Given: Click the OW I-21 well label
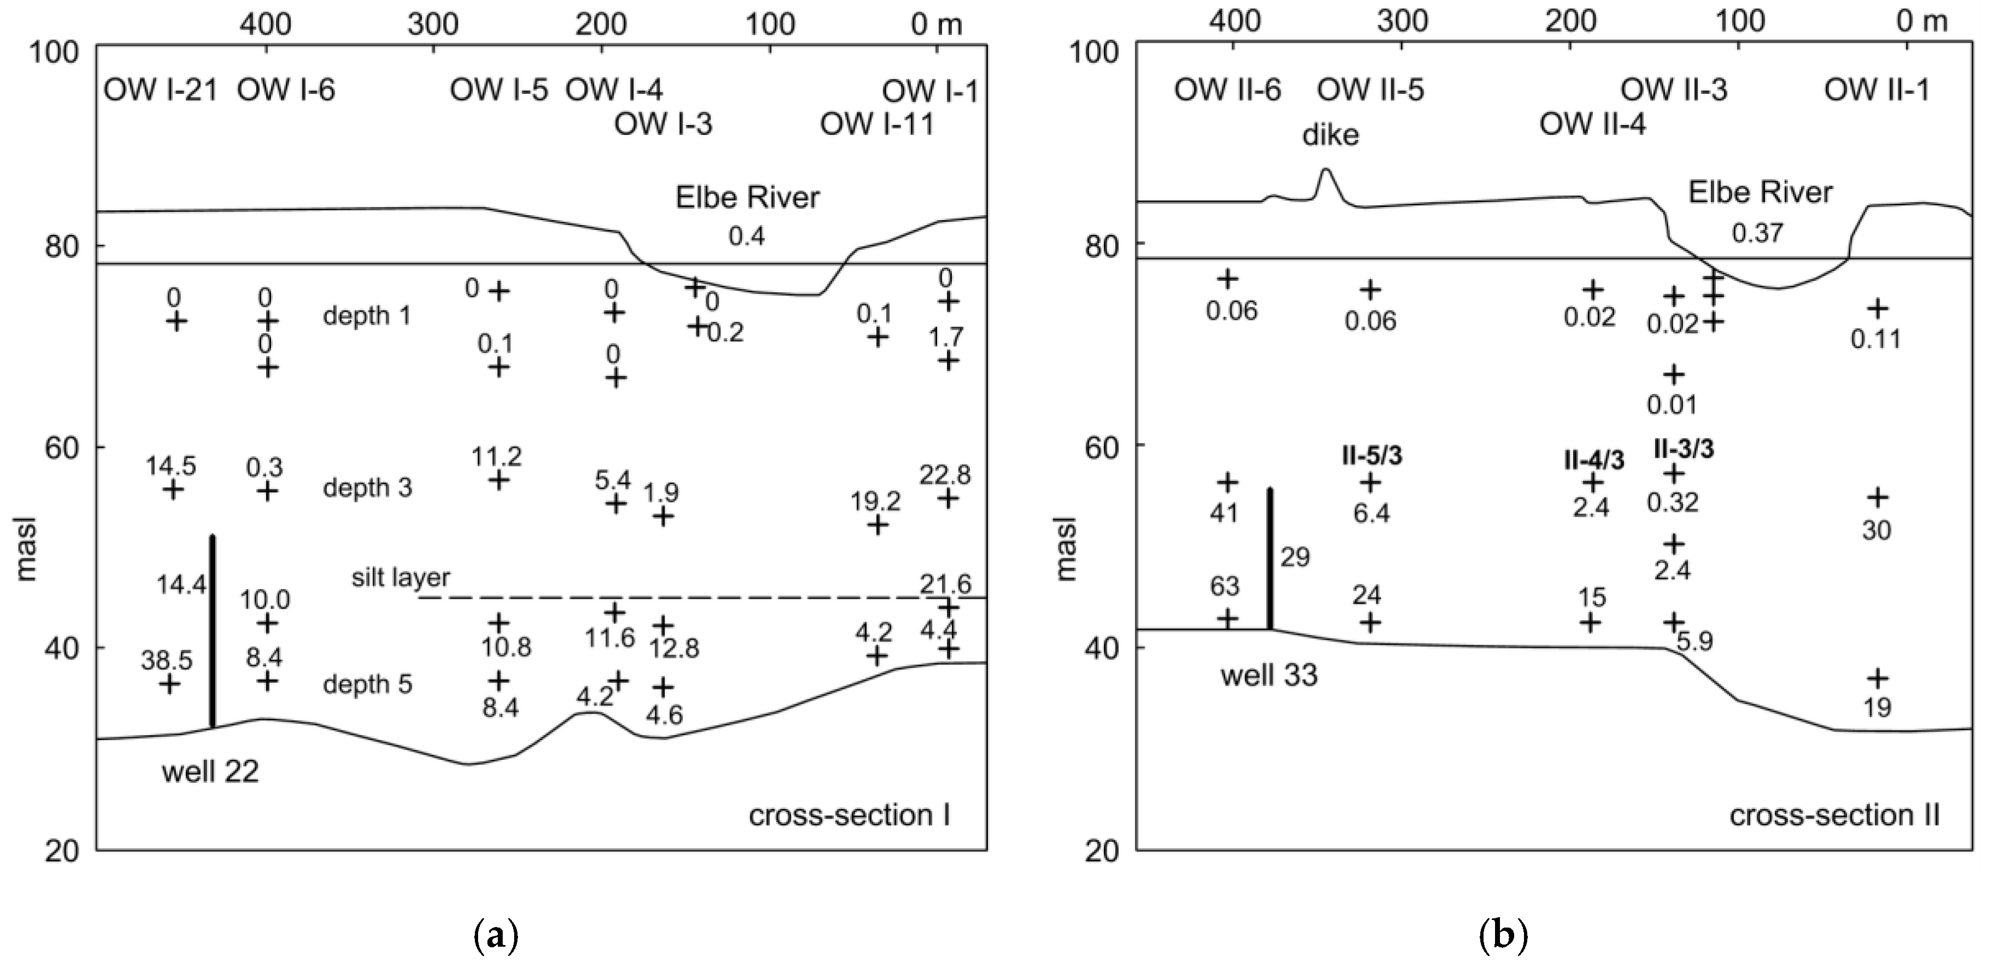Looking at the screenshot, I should tap(160, 91).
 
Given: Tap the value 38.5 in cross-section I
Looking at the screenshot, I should tap(166, 660).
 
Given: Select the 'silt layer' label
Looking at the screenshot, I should tap(400, 577).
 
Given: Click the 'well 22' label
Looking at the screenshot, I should tap(210, 771).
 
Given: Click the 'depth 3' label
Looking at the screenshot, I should tap(368, 488).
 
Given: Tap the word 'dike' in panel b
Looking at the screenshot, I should tap(1331, 135).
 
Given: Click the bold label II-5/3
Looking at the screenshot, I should tap(1372, 456).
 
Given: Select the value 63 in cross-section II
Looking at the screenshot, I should tap(1225, 587).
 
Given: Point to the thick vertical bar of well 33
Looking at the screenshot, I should tap(1269, 559).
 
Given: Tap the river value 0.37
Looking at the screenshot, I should tap(1757, 232).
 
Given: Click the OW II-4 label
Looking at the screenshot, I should tap(1592, 123).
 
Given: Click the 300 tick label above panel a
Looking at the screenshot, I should tap(433, 25).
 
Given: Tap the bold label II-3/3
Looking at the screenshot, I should tap(1684, 448).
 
